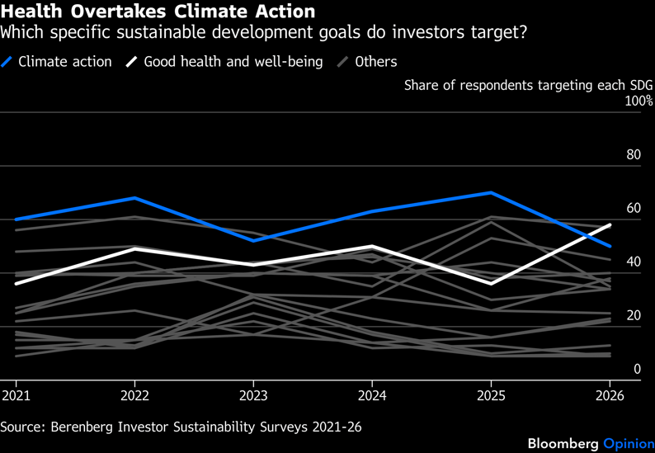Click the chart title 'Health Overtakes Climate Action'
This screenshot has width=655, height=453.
pos(158,12)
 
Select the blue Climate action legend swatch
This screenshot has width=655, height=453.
pos(8,62)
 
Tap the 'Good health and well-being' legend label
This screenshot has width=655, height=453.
pos(233,62)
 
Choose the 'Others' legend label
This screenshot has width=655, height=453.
pos(375,62)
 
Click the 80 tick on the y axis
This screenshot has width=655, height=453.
pos(633,154)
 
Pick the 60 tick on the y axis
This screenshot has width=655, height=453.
pos(633,208)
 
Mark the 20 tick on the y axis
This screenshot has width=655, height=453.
pos(633,315)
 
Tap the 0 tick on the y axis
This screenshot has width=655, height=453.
pos(637,369)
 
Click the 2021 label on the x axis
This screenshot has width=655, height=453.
pos(16,395)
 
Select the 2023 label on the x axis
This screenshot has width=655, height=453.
pos(253,395)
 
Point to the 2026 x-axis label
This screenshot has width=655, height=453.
pos(610,395)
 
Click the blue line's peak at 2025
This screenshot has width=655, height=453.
pos(492,192)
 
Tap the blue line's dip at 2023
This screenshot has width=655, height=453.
pos(254,240)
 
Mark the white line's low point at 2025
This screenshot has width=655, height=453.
pos(492,284)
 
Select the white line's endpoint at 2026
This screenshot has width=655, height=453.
pos(610,224)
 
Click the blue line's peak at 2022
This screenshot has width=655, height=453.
pos(134,198)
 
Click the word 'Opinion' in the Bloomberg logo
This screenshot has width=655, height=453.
pos(628,443)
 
